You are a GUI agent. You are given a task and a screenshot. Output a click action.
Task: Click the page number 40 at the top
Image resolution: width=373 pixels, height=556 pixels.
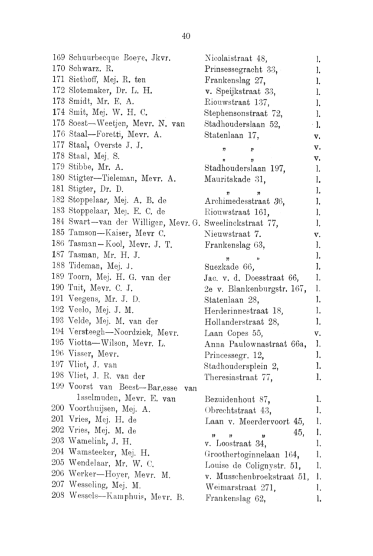[186, 36]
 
